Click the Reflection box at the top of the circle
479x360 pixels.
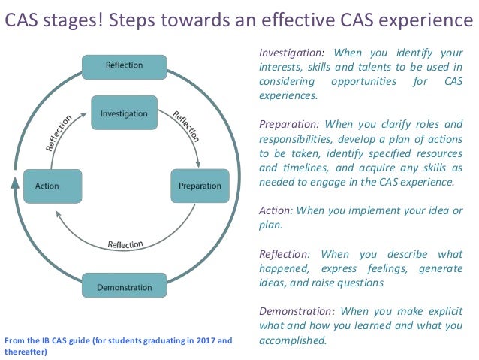[x=124, y=65]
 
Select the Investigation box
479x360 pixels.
[x=124, y=114]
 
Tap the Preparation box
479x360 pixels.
[x=200, y=186]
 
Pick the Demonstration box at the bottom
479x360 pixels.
[x=124, y=287]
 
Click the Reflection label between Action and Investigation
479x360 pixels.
[x=59, y=133]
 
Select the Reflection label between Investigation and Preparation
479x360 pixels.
[x=186, y=127]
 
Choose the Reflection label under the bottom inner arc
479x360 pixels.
[x=125, y=244]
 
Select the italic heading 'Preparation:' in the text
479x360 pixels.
[x=289, y=124]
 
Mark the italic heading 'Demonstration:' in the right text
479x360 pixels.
[x=297, y=310]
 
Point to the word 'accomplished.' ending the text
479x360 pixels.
[x=293, y=340]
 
